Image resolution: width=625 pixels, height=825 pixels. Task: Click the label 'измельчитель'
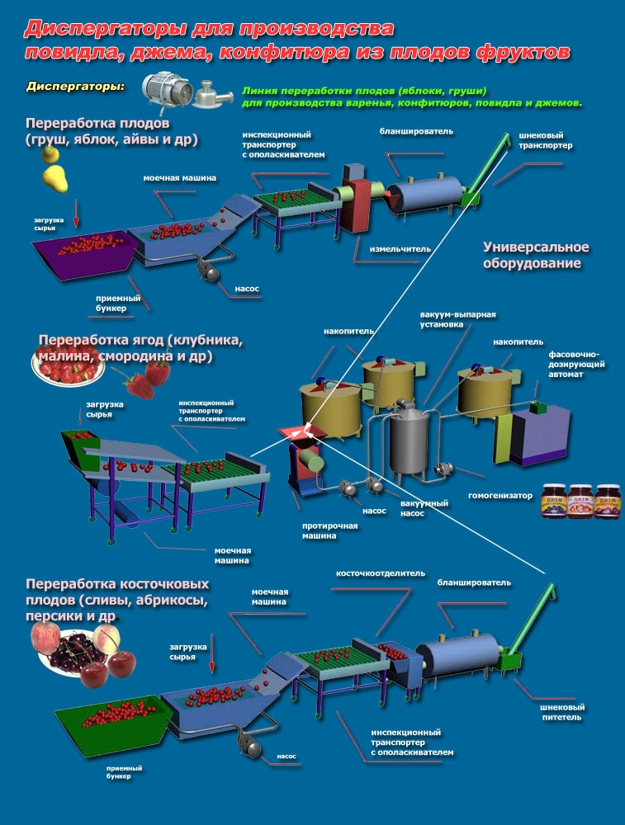pyautogui.click(x=400, y=249)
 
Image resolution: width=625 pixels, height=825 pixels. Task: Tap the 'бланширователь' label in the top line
pyautogui.click(x=416, y=131)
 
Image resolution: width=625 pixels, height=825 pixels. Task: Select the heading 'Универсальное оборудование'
pyautogui.click(x=536, y=255)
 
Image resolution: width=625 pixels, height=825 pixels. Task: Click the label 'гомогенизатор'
pyautogui.click(x=500, y=495)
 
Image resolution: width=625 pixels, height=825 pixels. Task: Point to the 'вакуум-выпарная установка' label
pyautogui.click(x=457, y=319)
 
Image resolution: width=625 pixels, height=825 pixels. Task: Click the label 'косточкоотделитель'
pyautogui.click(x=380, y=573)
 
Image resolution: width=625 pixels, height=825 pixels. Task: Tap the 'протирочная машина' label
pyautogui.click(x=329, y=530)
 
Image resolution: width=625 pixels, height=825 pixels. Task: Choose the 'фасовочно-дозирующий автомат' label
pyautogui.click(x=576, y=364)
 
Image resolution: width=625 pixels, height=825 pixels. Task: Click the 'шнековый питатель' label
pyautogui.click(x=561, y=712)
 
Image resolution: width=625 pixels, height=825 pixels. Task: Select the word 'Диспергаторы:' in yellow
pyautogui.click(x=76, y=87)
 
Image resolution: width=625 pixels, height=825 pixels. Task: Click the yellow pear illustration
pyautogui.click(x=54, y=179)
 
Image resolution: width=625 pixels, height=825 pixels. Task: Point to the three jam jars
pyautogui.click(x=581, y=502)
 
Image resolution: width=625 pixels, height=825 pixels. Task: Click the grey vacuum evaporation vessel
pyautogui.click(x=410, y=440)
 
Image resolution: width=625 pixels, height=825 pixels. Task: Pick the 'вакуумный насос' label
pyautogui.click(x=416, y=508)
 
